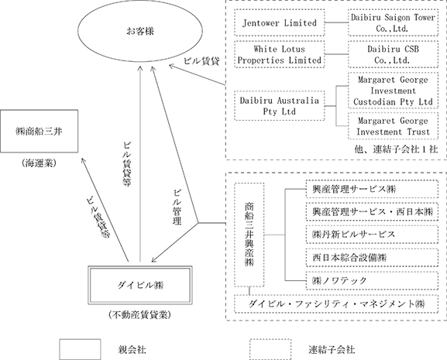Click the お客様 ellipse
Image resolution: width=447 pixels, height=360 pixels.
coord(140,31)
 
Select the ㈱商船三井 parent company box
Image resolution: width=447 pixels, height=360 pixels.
coord(39,131)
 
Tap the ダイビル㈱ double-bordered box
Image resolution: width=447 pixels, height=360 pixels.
coord(139,285)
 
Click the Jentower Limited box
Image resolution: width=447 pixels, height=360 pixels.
coord(280,22)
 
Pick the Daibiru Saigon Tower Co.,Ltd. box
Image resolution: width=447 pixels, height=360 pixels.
coord(393,22)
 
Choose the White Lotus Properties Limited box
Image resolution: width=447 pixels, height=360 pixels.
coord(280,54)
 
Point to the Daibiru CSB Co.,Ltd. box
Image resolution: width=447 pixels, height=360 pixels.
coord(393,54)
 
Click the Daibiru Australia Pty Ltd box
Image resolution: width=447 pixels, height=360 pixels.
coord(280,105)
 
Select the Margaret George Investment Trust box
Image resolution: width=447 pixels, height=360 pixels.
coord(393,126)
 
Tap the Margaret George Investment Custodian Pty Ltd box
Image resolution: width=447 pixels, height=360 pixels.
coord(393,91)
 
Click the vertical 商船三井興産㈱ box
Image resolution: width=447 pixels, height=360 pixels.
coord(249,235)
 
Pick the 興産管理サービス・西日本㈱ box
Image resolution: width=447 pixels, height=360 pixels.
coord(372,211)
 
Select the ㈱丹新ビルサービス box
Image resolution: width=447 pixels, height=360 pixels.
coord(372,235)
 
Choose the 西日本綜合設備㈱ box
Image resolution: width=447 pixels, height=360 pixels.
coord(372,258)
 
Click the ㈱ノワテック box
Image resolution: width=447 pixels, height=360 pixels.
coord(372,280)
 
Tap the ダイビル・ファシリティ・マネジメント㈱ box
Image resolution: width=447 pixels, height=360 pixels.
coord(336,304)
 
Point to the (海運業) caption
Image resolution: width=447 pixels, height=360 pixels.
coord(39,163)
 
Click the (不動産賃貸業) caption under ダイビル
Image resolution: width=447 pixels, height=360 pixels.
coord(139,315)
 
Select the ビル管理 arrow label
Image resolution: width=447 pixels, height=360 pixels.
coord(177,207)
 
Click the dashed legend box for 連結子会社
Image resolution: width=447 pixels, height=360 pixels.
coord(270,349)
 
